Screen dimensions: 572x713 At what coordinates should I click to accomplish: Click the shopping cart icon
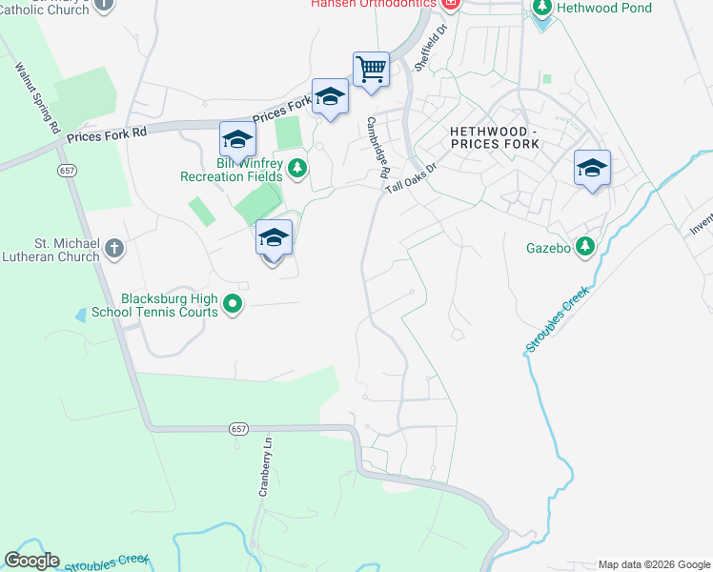tap(371, 70)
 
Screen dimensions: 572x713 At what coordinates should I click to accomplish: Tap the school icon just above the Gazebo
tap(592, 169)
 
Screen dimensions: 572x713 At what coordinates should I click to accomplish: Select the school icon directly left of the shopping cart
tap(330, 97)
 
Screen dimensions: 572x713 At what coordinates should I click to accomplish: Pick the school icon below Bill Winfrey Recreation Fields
tap(274, 238)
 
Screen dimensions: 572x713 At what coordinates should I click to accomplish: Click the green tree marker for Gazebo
tap(585, 248)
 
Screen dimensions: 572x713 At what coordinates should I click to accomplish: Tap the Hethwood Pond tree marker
tap(542, 9)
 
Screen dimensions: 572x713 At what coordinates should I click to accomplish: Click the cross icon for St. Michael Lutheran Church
tap(113, 249)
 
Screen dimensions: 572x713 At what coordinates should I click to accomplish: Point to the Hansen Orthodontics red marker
tap(451, 4)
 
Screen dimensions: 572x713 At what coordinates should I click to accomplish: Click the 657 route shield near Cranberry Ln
tap(239, 430)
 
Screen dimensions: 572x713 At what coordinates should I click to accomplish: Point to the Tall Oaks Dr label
tap(411, 178)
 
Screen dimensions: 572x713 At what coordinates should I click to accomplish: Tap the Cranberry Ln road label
tap(266, 467)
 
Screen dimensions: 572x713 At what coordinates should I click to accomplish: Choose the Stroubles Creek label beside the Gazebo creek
tap(558, 318)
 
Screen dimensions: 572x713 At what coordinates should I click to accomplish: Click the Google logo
tap(31, 561)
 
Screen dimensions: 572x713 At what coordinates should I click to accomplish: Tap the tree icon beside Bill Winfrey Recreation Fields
tap(297, 169)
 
